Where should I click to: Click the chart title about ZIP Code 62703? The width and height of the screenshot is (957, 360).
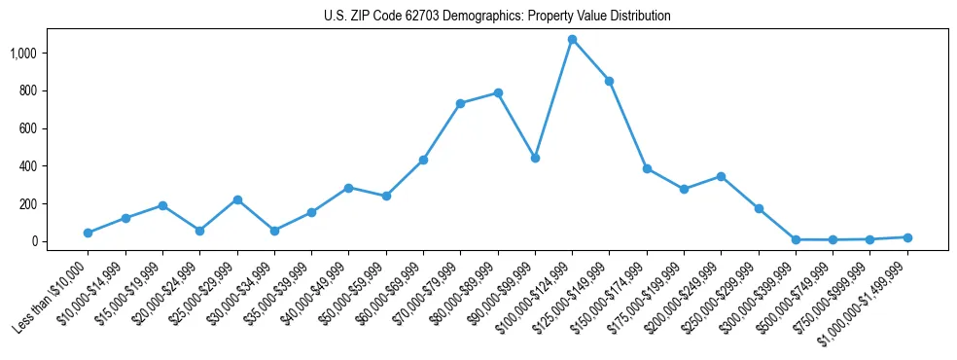point(497,17)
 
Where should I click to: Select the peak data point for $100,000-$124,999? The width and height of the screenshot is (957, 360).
point(572,40)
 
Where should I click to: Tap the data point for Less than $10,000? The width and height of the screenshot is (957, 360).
point(88,233)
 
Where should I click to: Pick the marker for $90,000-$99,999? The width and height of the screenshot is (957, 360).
point(535,158)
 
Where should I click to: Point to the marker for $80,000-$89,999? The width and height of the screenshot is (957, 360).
point(498,92)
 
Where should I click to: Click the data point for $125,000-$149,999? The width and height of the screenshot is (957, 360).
point(609,81)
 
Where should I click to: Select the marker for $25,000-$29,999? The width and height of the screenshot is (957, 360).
point(237,199)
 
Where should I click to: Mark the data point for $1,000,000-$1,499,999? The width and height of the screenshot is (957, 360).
point(907,237)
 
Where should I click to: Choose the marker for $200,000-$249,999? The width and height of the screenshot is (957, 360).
point(721,176)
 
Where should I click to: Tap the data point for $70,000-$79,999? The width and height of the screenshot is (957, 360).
point(460,103)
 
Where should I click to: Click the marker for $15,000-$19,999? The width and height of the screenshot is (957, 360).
point(162,205)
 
